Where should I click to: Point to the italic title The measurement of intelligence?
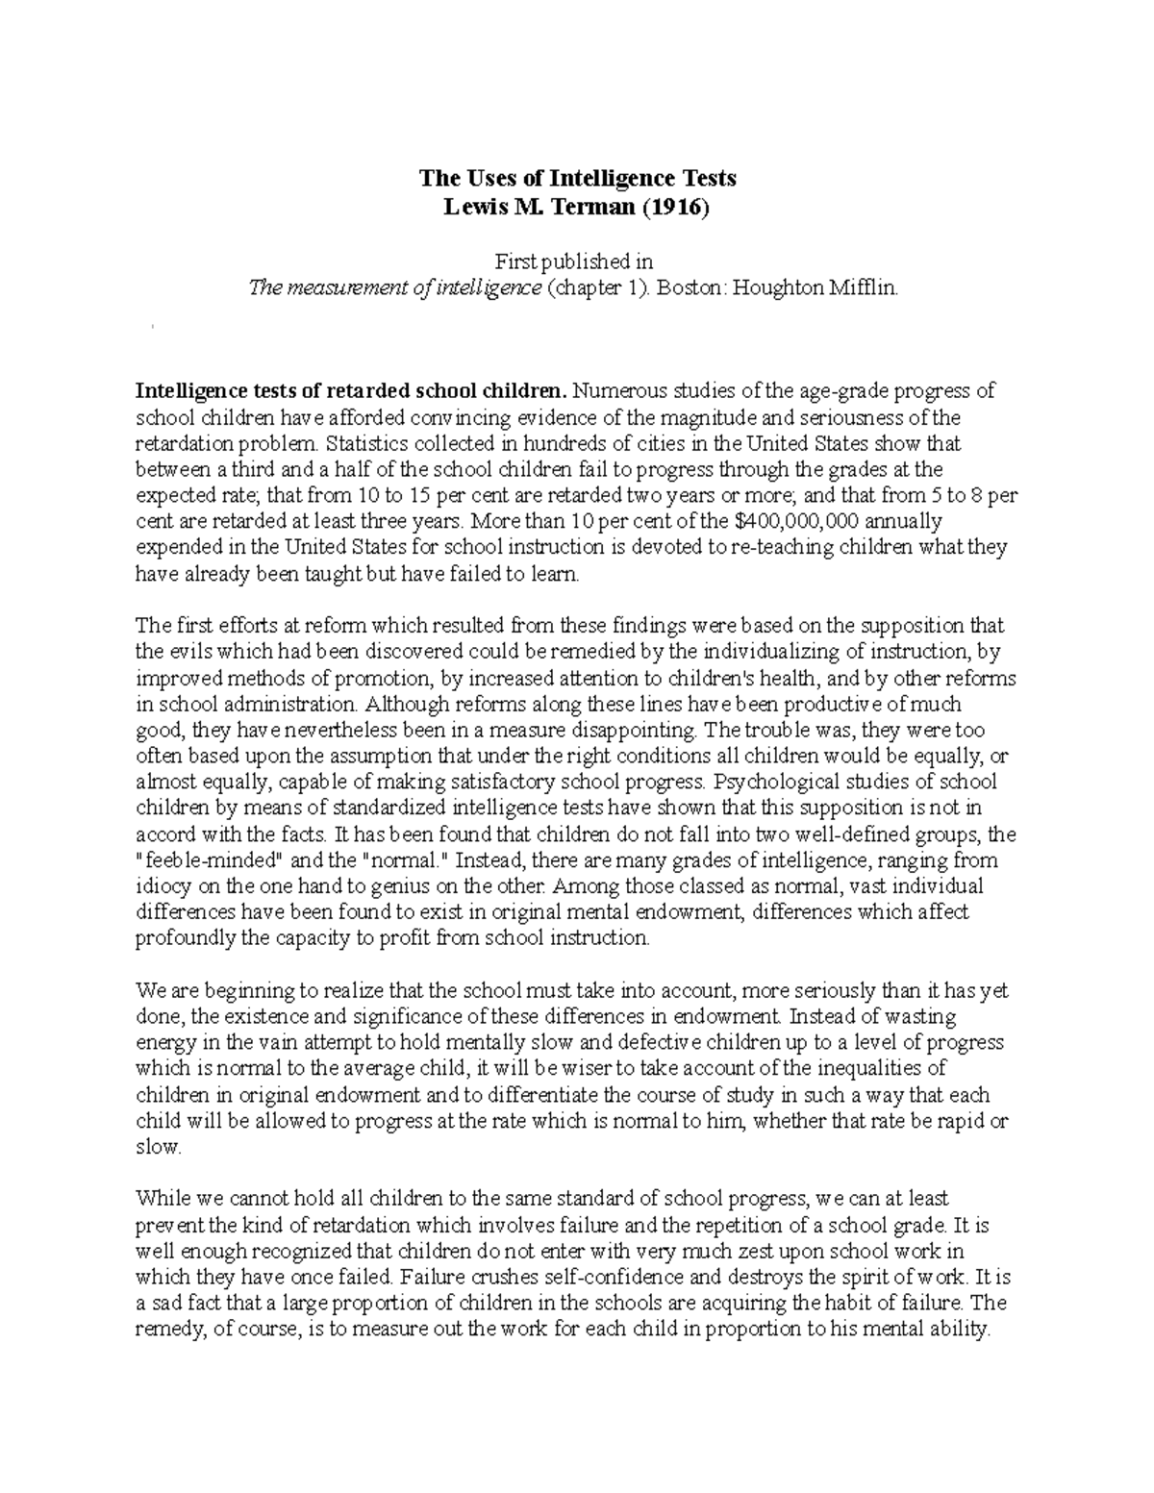(395, 287)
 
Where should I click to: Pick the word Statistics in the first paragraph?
(370, 444)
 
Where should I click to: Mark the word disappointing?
(521, 730)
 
